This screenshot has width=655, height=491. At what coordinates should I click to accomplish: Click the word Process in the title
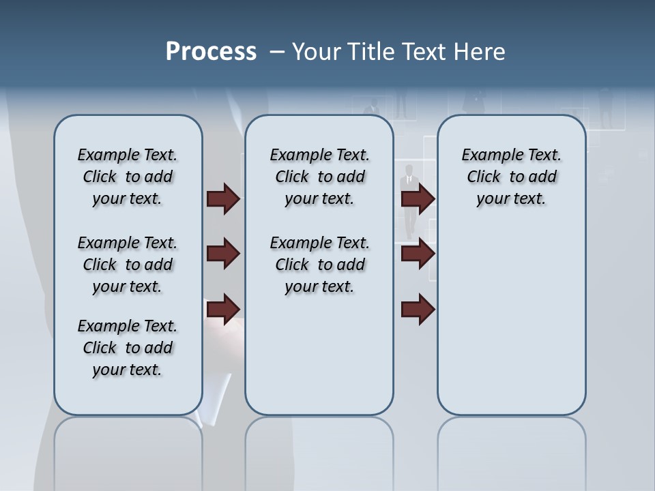coord(211,52)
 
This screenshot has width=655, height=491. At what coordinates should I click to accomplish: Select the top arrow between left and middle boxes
coord(223,199)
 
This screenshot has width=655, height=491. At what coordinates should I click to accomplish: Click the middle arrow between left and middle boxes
coord(223,254)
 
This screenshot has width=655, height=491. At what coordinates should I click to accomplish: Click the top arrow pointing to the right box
coord(418,199)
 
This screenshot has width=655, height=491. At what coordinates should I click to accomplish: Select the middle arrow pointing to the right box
coord(418,254)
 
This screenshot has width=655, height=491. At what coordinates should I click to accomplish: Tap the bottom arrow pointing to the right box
coord(418,310)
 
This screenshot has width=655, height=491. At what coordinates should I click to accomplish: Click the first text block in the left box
coord(128,177)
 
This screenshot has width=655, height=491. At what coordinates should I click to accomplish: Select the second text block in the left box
coord(128,265)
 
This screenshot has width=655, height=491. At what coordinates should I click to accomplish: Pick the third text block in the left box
coord(128,348)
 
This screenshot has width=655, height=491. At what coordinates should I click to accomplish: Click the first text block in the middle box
coord(319,177)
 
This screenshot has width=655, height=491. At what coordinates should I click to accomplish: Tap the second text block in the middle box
coord(319,265)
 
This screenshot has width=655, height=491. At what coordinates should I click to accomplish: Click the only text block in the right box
coord(511,177)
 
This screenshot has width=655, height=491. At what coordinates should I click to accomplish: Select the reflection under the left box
coord(128,450)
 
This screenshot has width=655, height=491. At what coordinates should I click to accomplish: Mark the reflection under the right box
coord(512,450)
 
